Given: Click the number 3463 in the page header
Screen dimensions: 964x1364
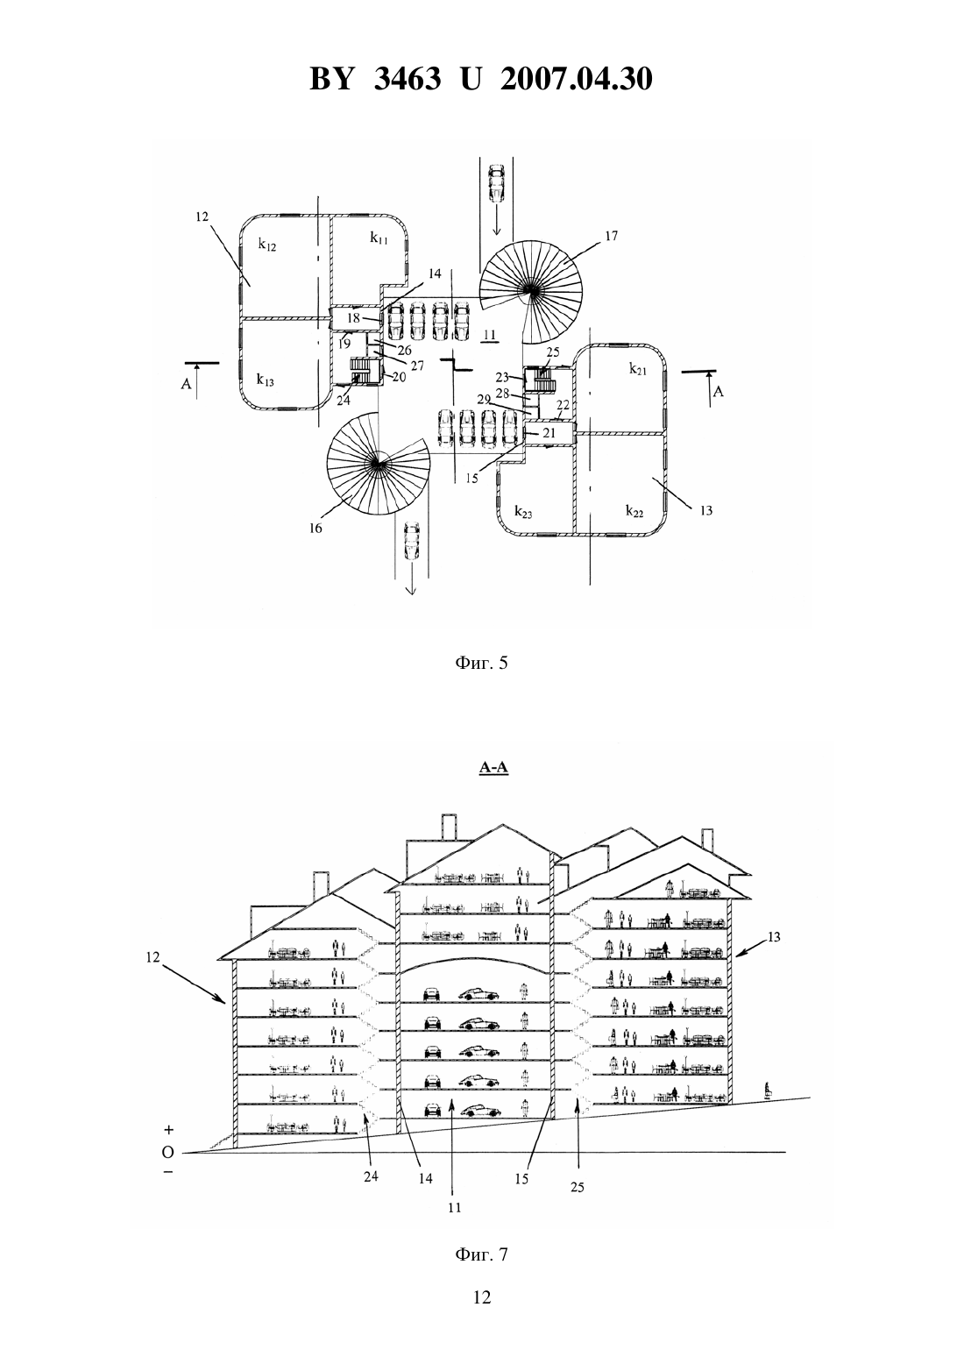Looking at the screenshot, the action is (x=407, y=79).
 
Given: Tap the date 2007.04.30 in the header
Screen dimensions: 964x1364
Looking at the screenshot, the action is (x=576, y=79).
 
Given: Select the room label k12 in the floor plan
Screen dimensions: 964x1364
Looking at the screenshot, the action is (x=267, y=245).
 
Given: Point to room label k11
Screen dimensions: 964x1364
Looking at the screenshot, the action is (x=379, y=238).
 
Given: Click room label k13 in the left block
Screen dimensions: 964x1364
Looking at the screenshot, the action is (x=265, y=380).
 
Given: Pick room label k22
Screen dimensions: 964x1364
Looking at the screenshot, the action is (x=634, y=510).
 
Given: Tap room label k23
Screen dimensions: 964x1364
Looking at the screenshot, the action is (x=523, y=512).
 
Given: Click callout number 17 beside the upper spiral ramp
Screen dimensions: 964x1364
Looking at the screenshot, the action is (x=611, y=236).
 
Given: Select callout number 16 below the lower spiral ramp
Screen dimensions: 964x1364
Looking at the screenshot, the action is (x=315, y=528).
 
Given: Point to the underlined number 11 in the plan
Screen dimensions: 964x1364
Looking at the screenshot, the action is (x=489, y=335).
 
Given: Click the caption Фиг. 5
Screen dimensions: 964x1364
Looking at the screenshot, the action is (x=481, y=663).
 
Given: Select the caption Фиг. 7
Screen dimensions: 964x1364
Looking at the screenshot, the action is (x=481, y=1254).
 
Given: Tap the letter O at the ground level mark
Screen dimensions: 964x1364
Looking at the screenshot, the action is (x=168, y=1152).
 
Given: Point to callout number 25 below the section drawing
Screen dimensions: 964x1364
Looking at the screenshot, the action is (x=578, y=1187).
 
